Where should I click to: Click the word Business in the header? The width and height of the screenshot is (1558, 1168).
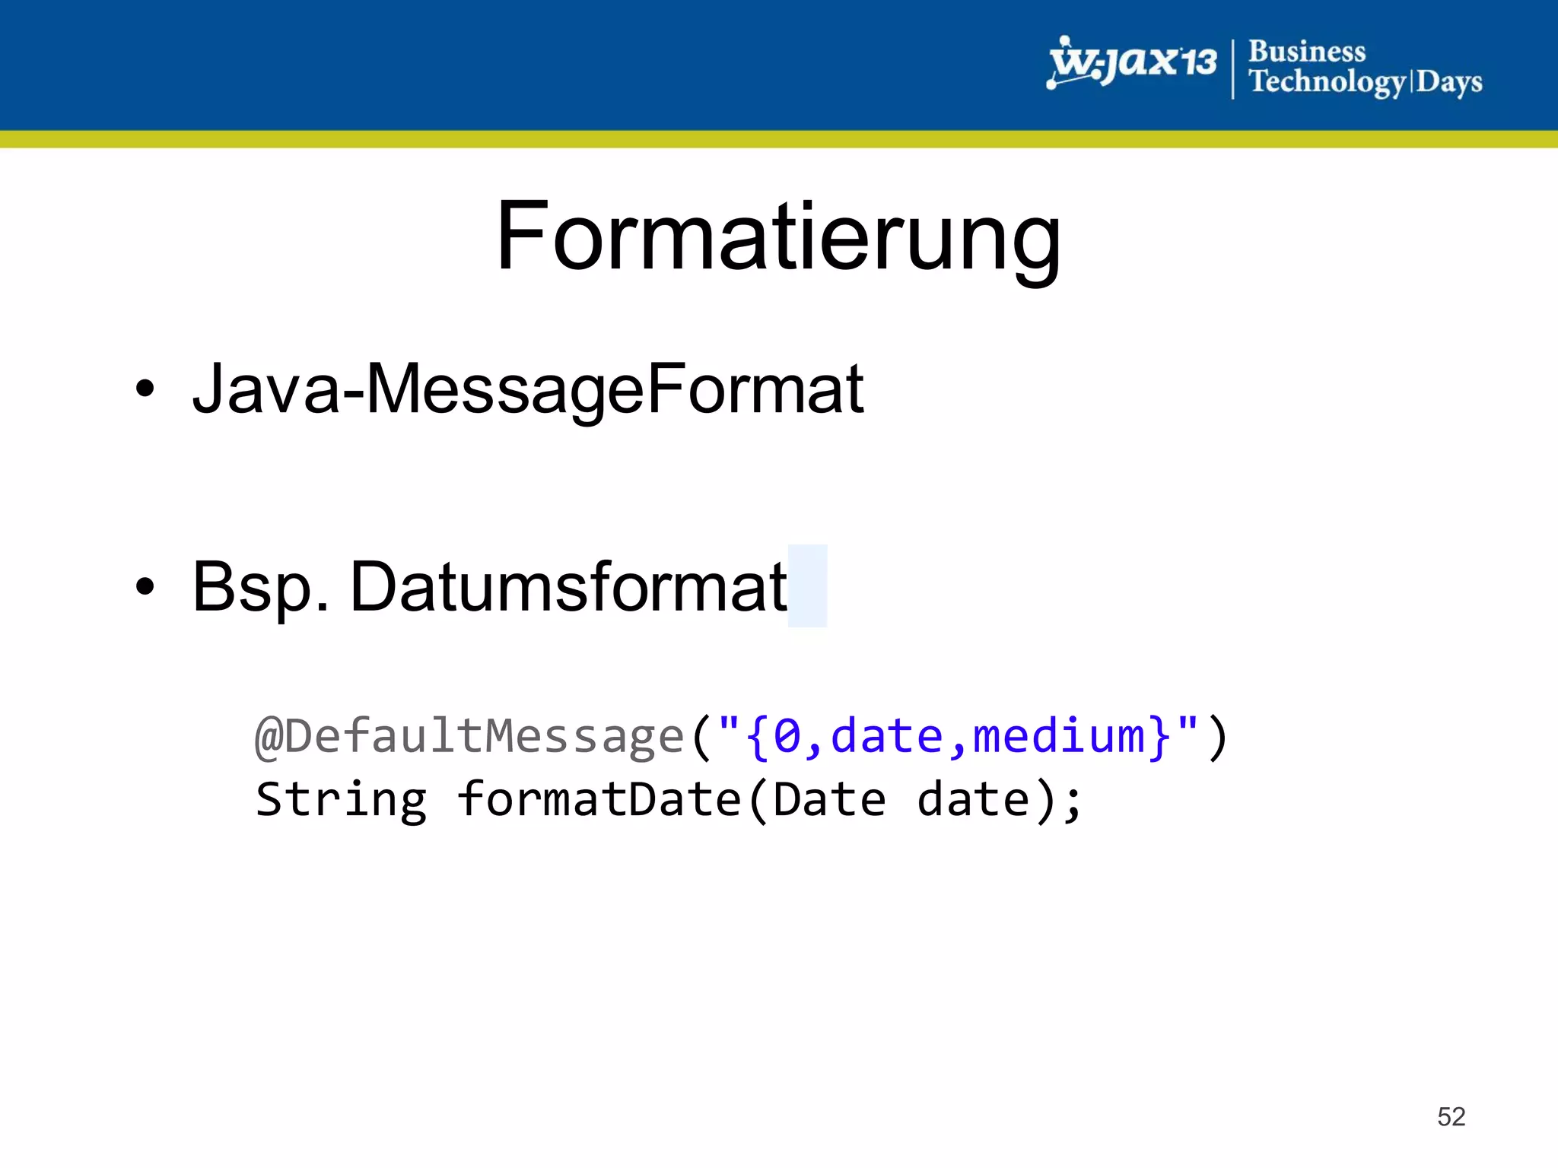(x=1307, y=52)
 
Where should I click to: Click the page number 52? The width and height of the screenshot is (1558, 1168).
(x=1451, y=1116)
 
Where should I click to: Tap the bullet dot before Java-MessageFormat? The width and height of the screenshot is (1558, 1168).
(x=145, y=389)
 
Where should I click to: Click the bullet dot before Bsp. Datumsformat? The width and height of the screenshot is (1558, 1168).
(x=145, y=586)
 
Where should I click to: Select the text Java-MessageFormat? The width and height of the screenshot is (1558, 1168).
(x=528, y=389)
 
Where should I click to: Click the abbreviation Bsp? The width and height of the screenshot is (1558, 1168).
(x=260, y=587)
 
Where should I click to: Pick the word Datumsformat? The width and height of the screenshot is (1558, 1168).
(x=568, y=586)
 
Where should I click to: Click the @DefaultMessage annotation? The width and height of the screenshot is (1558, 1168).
(x=469, y=736)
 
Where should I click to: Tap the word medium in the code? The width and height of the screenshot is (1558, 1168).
(x=1059, y=736)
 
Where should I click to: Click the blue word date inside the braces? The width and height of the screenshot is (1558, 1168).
(x=887, y=736)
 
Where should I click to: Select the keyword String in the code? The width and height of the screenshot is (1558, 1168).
(x=341, y=800)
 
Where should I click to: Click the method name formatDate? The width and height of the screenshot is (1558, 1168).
(x=599, y=800)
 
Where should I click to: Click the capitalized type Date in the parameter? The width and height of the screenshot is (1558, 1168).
(x=829, y=800)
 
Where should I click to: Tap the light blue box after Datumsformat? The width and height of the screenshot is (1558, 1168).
(x=807, y=586)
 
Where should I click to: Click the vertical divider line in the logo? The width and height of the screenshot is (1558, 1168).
(x=1232, y=68)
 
